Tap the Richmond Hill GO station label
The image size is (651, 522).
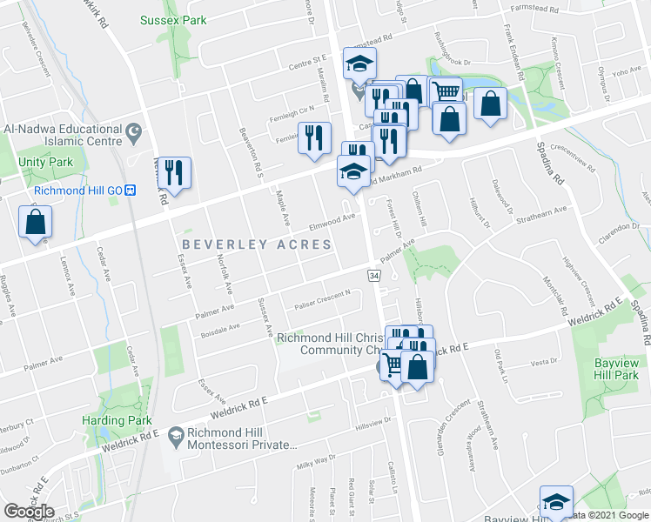pyautogui.click(x=78, y=191)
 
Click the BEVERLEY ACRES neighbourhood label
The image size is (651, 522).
pyautogui.click(x=257, y=244)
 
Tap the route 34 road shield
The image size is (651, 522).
pyautogui.click(x=373, y=275)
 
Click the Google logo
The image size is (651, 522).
pyautogui.click(x=29, y=512)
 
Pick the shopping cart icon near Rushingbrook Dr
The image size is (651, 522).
pyautogui.click(x=446, y=90)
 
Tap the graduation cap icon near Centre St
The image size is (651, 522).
pyautogui.click(x=359, y=63)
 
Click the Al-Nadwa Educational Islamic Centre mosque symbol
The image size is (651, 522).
pyautogui.click(x=133, y=134)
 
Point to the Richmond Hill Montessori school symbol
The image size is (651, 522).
pyautogui.click(x=175, y=433)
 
